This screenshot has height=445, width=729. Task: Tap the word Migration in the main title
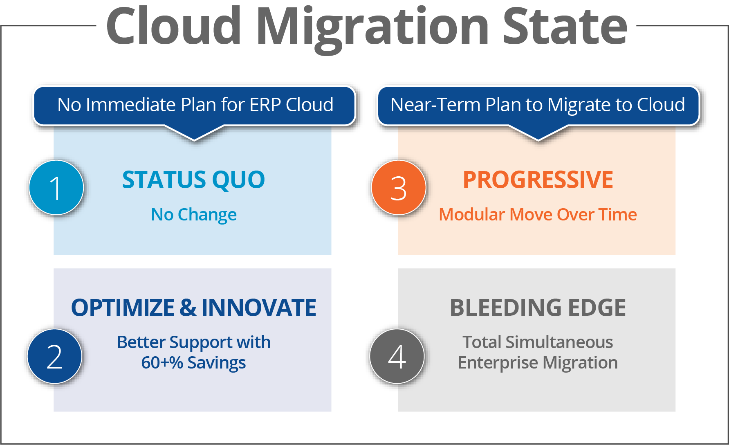tap(372, 29)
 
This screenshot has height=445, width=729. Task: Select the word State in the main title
tap(565, 27)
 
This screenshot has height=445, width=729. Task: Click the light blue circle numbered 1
tap(56, 187)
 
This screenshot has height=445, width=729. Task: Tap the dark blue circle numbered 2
tap(55, 356)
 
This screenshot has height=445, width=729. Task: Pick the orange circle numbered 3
tap(399, 187)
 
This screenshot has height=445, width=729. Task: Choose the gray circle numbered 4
tap(397, 356)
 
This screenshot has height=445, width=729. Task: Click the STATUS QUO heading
tap(193, 180)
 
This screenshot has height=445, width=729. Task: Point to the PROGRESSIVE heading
tap(538, 180)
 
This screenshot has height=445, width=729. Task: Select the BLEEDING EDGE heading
tap(538, 308)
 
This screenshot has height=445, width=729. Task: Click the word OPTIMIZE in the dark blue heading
tap(123, 308)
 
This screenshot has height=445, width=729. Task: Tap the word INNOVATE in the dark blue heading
tap(259, 308)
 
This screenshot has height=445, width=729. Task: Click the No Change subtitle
tap(194, 215)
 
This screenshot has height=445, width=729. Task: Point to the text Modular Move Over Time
tap(538, 214)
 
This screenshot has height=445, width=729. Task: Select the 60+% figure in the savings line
tap(162, 362)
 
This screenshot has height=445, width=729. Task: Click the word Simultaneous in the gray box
tap(559, 342)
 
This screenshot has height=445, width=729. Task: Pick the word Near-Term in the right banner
tap(435, 105)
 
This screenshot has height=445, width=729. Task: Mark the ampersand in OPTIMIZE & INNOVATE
tap(188, 308)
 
